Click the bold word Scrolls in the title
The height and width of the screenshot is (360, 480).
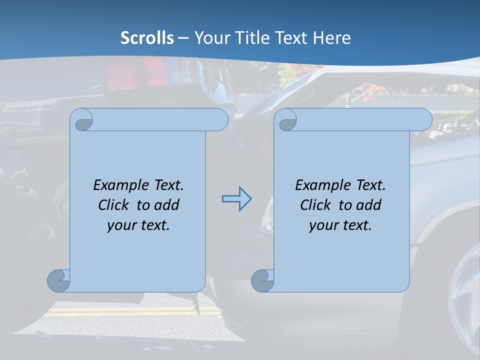tap(147, 37)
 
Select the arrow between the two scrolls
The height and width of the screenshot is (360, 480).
tap(236, 199)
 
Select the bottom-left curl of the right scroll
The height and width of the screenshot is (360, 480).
tap(262, 280)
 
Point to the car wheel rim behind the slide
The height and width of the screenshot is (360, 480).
tap(465, 300)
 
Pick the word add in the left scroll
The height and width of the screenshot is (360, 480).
tap(167, 205)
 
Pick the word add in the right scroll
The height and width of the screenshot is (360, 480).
tap(369, 205)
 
